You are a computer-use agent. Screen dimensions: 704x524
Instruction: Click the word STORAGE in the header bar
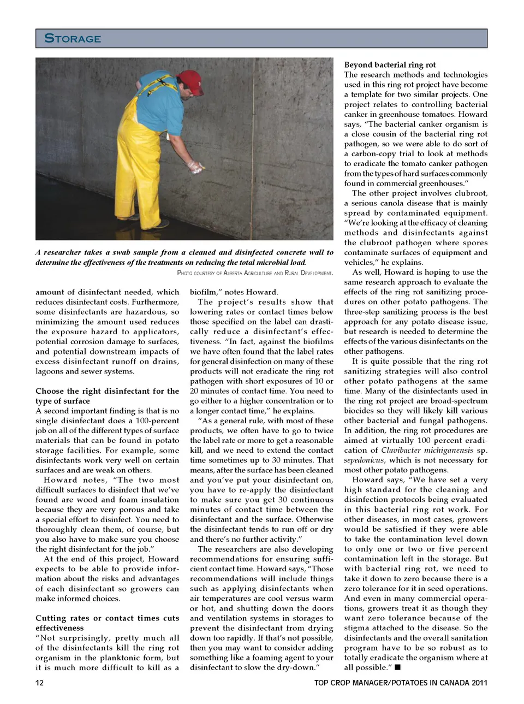click(x=73, y=38)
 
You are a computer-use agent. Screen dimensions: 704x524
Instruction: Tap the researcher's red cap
click(x=189, y=80)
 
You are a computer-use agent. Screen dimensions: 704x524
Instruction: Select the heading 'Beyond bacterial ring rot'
click(x=390, y=64)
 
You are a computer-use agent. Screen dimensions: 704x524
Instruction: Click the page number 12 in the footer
click(x=39, y=683)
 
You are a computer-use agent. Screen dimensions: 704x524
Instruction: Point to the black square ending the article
click(x=397, y=667)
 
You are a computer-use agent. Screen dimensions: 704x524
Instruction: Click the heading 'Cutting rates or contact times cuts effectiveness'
click(x=107, y=623)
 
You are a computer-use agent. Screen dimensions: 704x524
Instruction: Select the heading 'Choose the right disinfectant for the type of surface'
click(x=107, y=396)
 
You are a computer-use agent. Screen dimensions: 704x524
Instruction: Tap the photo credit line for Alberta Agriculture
click(x=255, y=273)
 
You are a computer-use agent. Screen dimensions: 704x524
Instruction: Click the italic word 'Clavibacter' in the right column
click(x=403, y=451)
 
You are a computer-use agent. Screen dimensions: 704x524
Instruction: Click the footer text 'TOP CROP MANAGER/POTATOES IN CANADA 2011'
click(x=401, y=683)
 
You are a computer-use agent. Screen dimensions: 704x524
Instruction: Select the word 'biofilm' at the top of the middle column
click(x=203, y=292)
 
